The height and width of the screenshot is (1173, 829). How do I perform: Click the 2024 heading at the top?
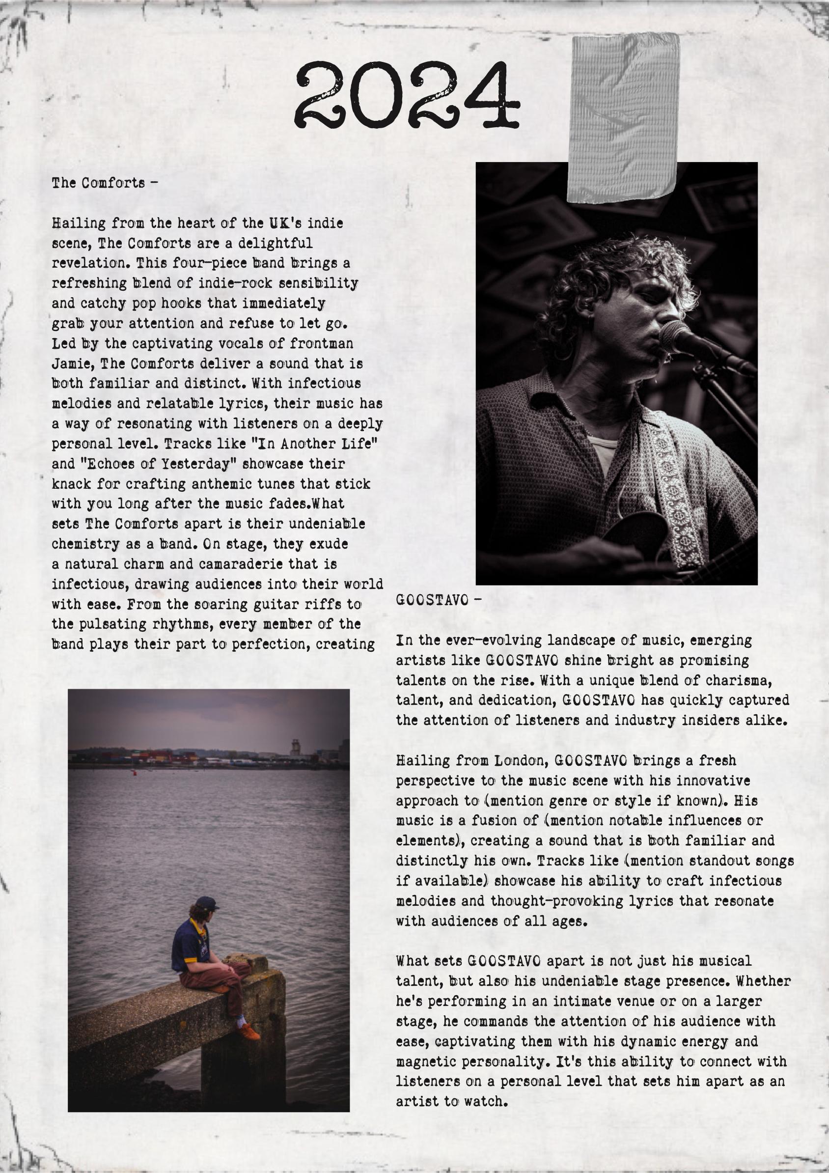(x=407, y=95)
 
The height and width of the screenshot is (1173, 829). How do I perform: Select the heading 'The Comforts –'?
(x=104, y=183)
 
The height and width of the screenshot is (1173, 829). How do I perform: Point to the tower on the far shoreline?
(x=295, y=748)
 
